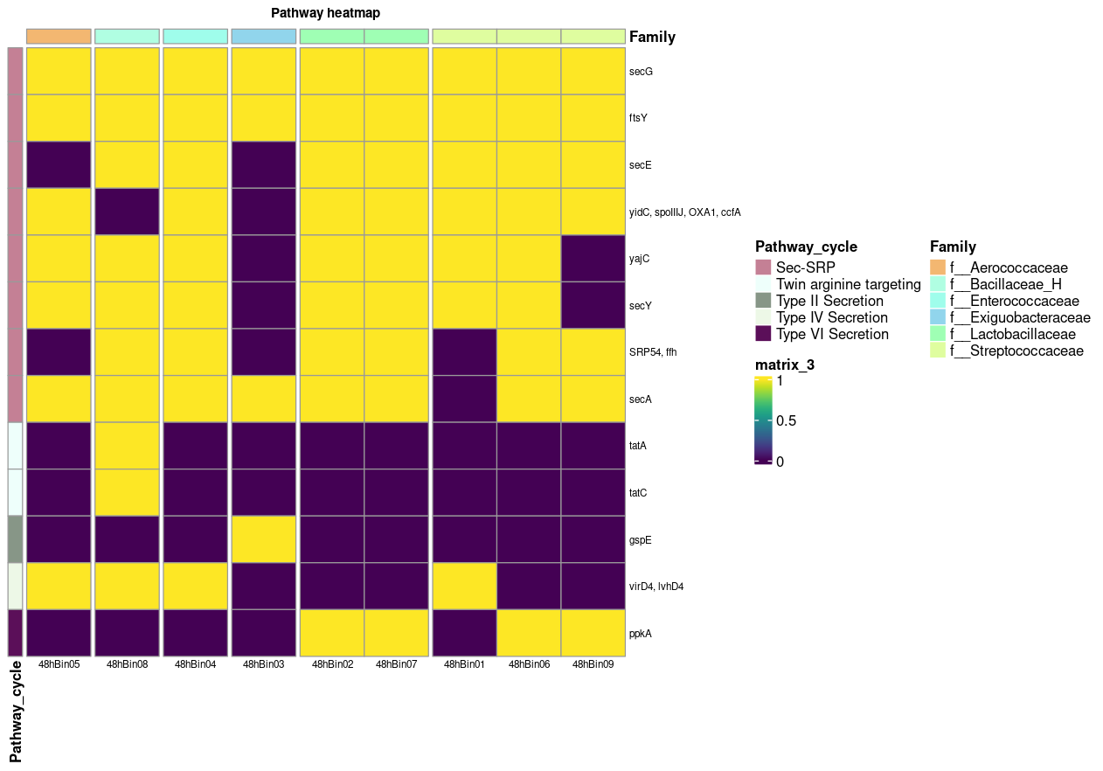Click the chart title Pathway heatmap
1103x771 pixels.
(325, 13)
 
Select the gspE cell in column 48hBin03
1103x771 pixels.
(263, 539)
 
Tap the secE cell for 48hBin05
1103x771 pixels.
(59, 164)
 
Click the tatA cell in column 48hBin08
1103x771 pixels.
(127, 446)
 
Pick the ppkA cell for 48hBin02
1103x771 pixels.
(332, 633)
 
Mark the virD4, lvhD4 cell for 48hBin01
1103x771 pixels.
(464, 586)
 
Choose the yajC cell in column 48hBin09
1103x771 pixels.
(593, 259)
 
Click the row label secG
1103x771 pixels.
(641, 72)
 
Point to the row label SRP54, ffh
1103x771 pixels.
(653, 352)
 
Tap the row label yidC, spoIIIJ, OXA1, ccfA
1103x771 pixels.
(684, 212)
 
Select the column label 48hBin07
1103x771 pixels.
(396, 664)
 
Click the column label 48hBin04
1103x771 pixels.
(195, 664)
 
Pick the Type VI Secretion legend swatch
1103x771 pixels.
(763, 334)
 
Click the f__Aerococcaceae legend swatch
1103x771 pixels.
(938, 267)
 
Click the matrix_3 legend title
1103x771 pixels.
(785, 365)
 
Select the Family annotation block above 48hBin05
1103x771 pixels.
(59, 36)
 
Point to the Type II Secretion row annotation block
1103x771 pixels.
(15, 539)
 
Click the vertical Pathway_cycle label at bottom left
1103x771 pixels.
(16, 711)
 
